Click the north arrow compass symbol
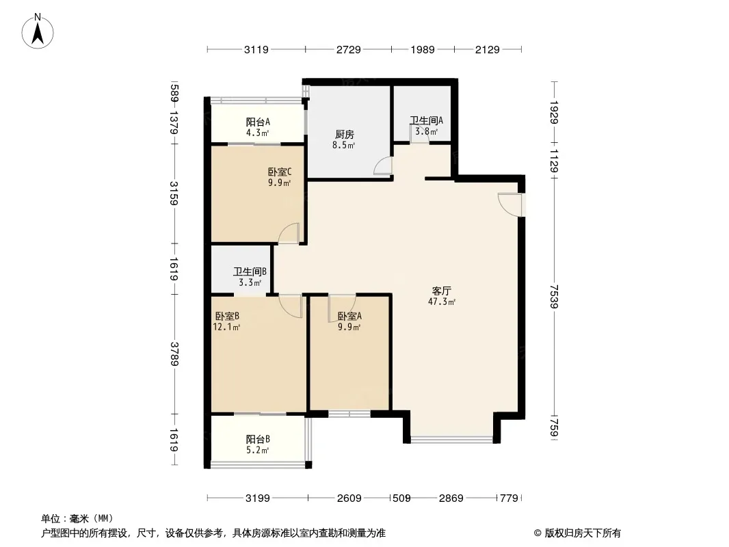pyautogui.click(x=39, y=31)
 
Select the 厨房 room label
pyautogui.click(x=345, y=135)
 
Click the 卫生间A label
pyautogui.click(x=425, y=121)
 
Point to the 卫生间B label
pyautogui.click(x=249, y=271)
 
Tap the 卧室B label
pyautogui.click(x=226, y=316)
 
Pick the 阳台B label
pyautogui.click(x=258, y=440)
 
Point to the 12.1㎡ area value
pyautogui.click(x=226, y=328)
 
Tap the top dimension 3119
pyautogui.click(x=256, y=49)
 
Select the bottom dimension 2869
pyautogui.click(x=451, y=498)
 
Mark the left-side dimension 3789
pyautogui.click(x=175, y=353)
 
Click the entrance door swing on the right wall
pyautogui.click(x=510, y=204)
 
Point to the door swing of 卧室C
pyautogui.click(x=289, y=233)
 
